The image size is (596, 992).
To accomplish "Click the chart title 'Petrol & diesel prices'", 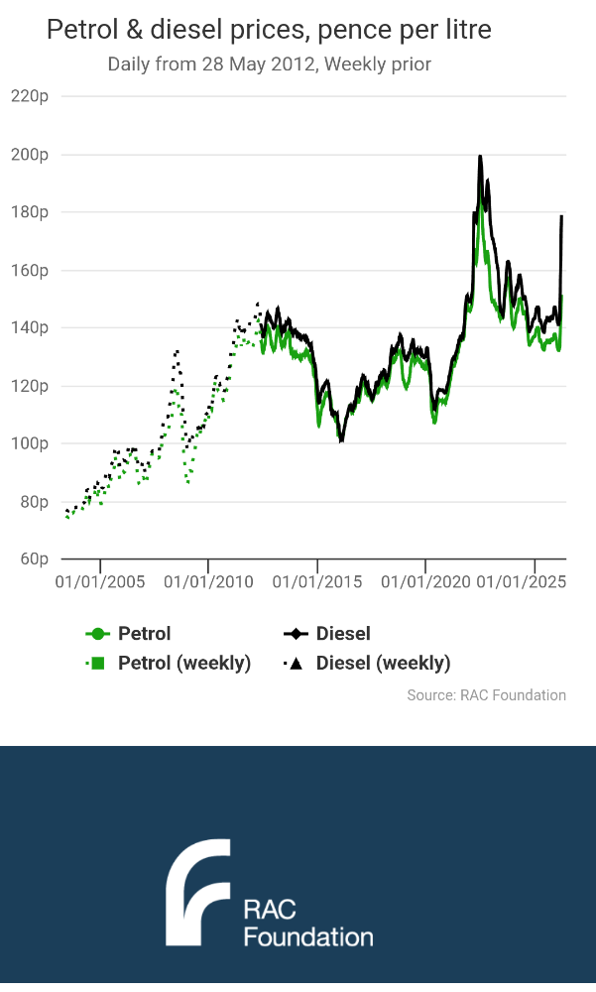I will (x=269, y=31).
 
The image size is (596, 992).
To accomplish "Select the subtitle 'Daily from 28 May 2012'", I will (x=269, y=64).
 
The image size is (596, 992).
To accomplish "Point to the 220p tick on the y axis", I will (x=30, y=96).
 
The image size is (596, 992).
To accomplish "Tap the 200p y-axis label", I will (x=30, y=155).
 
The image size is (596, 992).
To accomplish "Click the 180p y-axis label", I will (x=30, y=212).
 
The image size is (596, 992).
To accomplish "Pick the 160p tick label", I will (x=30, y=270).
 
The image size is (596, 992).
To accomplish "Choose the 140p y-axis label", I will (x=30, y=327).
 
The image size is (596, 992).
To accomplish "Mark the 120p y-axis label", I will (x=30, y=386).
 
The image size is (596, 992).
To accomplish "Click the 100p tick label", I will (x=30, y=443).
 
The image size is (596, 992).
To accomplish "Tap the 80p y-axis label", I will (x=34, y=501).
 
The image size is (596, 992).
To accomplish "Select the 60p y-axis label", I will (x=34, y=559).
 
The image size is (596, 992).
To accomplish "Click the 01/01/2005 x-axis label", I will (x=100, y=579).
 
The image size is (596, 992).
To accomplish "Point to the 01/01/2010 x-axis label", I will (x=208, y=579).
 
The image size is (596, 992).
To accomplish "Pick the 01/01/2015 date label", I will (x=317, y=579).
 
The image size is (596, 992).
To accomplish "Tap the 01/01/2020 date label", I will (x=425, y=579).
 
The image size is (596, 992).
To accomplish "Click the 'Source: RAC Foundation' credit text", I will (x=486, y=695).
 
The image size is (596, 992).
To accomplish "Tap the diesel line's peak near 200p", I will (x=480, y=157).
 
